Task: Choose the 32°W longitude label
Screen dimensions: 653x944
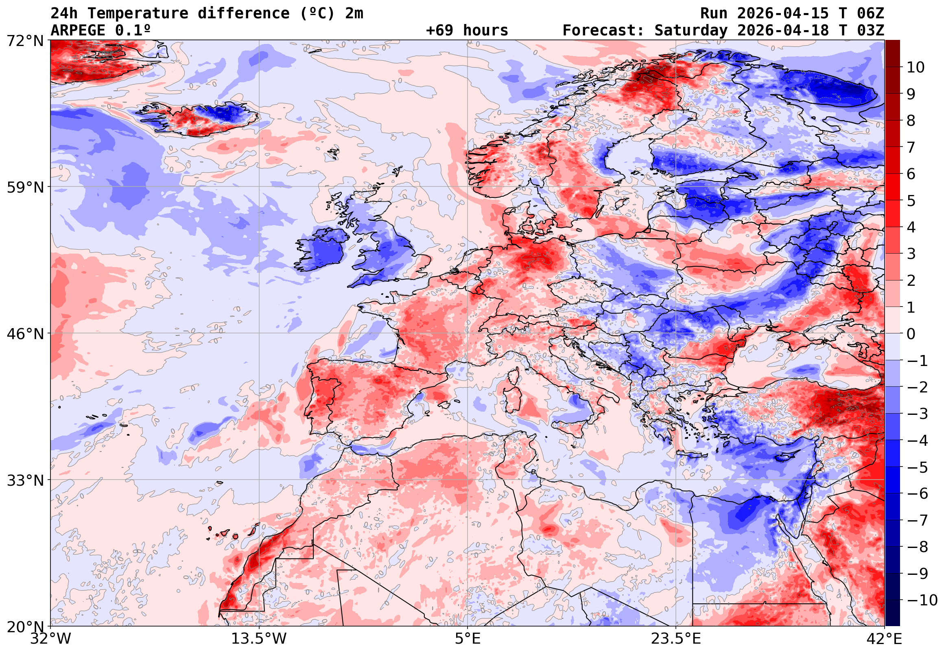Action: pyautogui.click(x=51, y=639)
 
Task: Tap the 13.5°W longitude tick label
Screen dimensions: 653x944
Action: pyautogui.click(x=259, y=639)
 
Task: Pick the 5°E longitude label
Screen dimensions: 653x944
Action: pyautogui.click(x=468, y=639)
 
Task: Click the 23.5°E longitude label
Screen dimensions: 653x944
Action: pyautogui.click(x=676, y=639)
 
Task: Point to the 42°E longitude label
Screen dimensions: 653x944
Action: pyautogui.click(x=884, y=639)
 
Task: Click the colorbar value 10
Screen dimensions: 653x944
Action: pyautogui.click(x=916, y=68)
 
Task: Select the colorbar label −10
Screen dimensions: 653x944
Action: pyautogui.click(x=922, y=600)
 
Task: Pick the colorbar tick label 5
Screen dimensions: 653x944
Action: pyautogui.click(x=911, y=201)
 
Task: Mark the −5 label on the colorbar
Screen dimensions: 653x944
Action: pyautogui.click(x=918, y=467)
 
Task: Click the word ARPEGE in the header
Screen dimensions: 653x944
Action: pyautogui.click(x=78, y=31)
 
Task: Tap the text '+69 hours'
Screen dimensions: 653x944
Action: pyautogui.click(x=467, y=31)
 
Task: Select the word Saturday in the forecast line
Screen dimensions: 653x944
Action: pyautogui.click(x=691, y=31)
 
